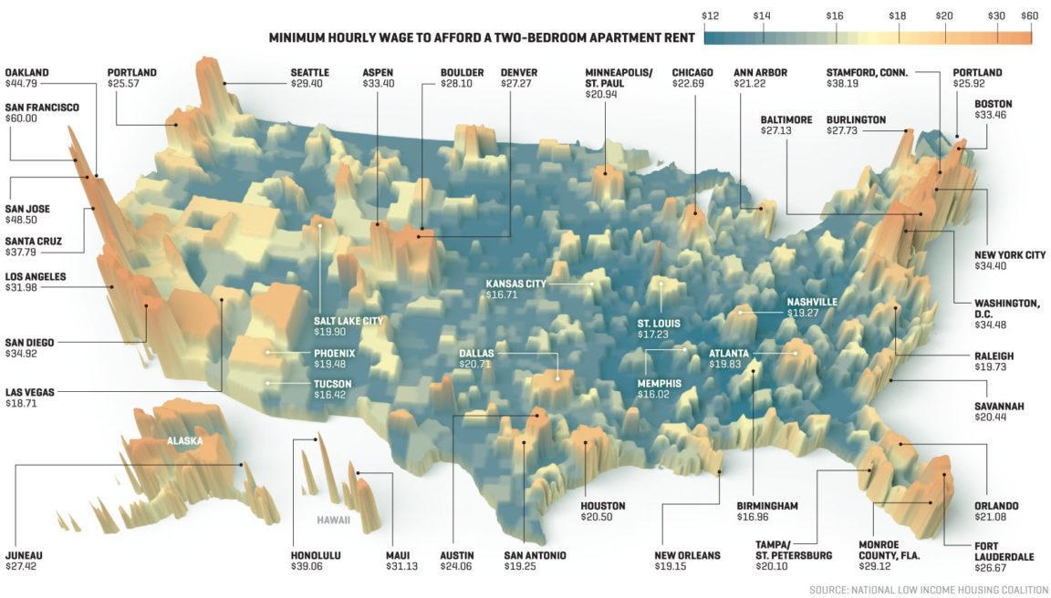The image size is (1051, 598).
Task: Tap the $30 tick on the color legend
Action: [998, 16]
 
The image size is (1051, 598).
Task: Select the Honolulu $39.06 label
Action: [316, 561]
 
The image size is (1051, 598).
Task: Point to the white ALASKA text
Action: [184, 441]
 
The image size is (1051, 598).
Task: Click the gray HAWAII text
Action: [333, 521]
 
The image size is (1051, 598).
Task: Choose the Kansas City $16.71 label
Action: [515, 289]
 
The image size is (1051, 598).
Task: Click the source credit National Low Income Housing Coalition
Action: [929, 590]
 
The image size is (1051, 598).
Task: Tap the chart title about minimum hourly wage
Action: [483, 38]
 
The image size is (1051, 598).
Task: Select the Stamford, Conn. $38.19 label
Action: [866, 77]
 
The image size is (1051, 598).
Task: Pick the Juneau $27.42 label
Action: [24, 561]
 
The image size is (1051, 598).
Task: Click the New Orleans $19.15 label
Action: [687, 561]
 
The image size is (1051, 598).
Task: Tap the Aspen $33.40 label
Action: [379, 77]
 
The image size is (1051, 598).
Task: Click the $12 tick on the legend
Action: [711, 16]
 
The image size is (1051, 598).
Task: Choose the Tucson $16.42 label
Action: [334, 389]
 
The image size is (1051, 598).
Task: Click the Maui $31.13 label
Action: [402, 561]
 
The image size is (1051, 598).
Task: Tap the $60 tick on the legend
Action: [1030, 16]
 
